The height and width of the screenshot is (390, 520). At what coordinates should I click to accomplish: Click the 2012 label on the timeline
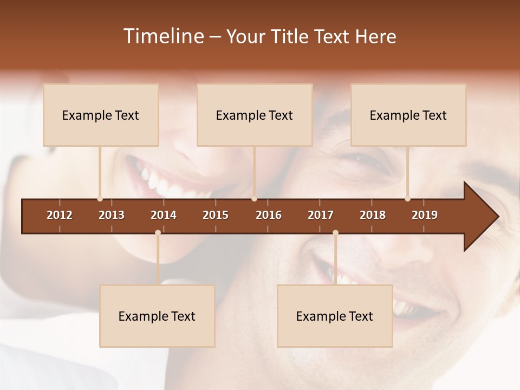60,215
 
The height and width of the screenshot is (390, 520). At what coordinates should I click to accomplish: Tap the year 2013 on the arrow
112,215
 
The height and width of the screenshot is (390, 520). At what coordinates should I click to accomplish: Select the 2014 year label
164,215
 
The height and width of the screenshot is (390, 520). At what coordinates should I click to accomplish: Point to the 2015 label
216,215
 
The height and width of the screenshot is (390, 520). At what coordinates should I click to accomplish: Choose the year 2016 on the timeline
269,215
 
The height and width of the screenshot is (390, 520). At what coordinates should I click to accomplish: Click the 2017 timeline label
321,215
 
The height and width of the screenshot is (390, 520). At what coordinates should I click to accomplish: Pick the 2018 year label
373,215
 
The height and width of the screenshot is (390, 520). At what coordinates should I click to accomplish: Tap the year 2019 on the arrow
425,215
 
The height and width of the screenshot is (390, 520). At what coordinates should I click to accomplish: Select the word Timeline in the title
163,36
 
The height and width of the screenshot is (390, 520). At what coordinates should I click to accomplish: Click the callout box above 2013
101,115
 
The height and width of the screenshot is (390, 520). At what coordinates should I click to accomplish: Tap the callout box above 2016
255,115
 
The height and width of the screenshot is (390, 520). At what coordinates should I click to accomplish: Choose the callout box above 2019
408,115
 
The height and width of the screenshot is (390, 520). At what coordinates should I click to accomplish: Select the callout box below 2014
157,316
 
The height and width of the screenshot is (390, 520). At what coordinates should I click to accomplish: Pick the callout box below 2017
335,316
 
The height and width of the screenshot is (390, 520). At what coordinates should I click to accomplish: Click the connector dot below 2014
158,232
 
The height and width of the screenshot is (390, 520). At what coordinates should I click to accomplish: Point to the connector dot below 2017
335,232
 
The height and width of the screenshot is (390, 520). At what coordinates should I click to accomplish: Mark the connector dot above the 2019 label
407,199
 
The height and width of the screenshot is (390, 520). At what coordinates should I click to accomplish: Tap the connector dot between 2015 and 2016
254,199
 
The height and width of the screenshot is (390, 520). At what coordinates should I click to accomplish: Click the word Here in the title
375,36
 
